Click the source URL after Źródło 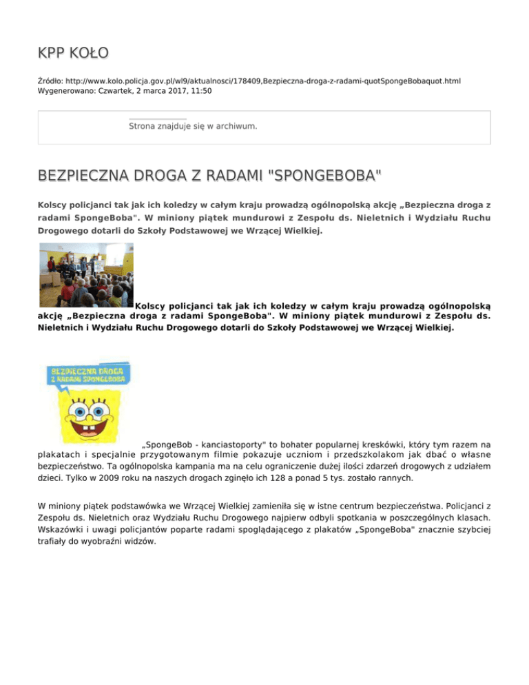(259, 81)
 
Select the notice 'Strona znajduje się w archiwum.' (193, 127)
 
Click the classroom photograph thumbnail (85, 274)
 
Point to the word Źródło (52, 81)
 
